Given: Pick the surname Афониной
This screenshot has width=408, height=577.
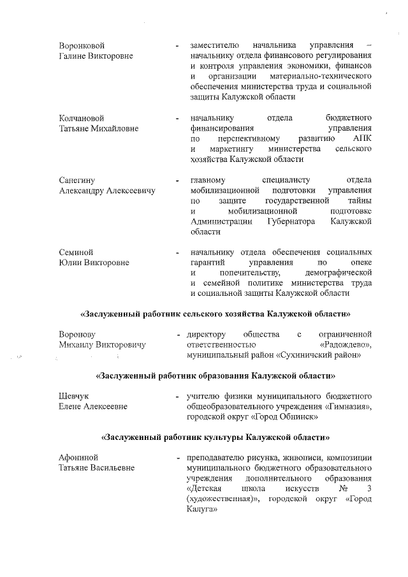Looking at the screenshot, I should (x=78, y=458).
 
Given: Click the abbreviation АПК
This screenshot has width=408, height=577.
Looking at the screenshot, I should (x=361, y=138).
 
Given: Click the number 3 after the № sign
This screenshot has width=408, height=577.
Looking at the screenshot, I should (x=370, y=488).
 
